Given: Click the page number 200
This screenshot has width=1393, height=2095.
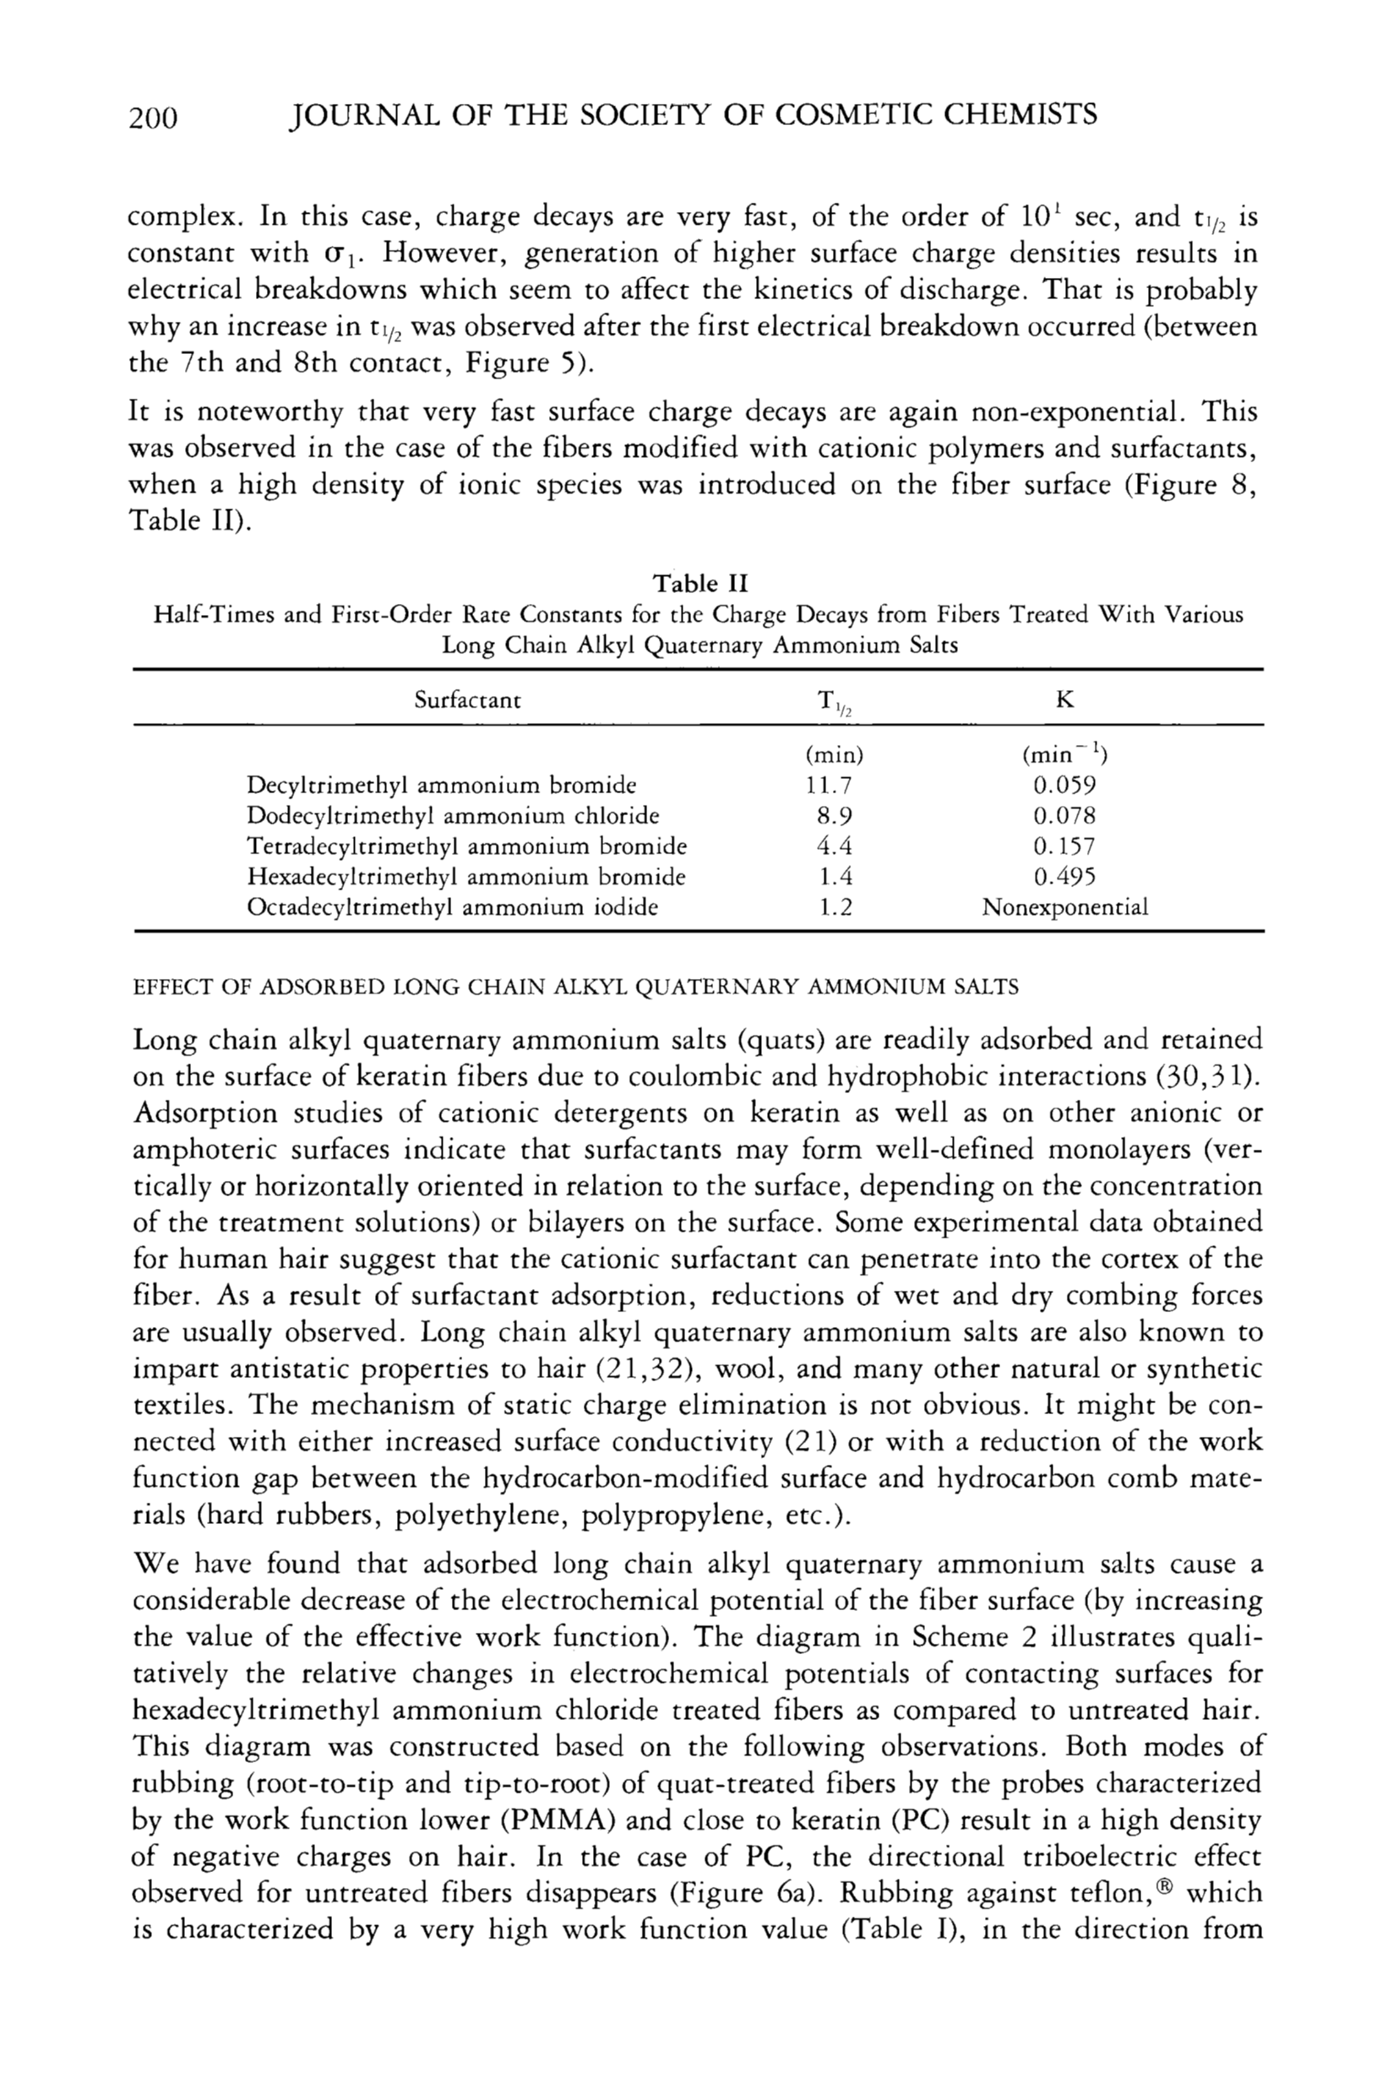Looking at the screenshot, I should pos(154,117).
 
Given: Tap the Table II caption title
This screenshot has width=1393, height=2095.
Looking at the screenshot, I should pos(700,584).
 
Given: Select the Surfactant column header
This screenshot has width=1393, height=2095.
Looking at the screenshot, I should pos(467,700).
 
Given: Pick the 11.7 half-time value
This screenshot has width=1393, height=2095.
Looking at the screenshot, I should pos(833,786).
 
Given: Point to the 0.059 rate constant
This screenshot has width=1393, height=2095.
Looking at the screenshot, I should pos(1064,786).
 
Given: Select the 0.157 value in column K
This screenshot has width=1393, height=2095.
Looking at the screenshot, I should pos(1064,846).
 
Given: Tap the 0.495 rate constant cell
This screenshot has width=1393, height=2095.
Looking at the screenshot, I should pos(1064,877).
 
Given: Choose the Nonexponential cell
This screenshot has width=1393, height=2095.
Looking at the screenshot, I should pos(1064,907).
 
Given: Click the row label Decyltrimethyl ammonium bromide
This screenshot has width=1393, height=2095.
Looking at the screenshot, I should pos(442,786).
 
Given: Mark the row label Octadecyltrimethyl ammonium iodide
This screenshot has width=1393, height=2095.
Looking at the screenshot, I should pos(452,907).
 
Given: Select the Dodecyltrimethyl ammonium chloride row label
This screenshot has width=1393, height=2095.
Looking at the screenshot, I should pos(453,815).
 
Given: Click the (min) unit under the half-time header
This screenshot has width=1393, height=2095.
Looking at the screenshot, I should pos(833,756).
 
